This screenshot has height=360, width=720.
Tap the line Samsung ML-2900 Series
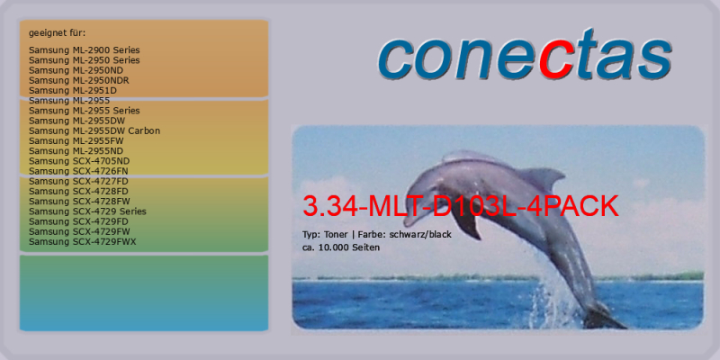coord(84,50)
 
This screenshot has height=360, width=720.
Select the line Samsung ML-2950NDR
coord(79,80)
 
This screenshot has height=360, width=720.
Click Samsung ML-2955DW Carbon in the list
coord(94,130)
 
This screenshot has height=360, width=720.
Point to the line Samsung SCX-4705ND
coord(79,161)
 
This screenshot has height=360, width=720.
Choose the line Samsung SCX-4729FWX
coord(83,241)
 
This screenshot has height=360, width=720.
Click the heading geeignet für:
coord(58,33)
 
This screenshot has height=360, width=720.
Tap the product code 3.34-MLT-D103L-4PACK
coord(461,207)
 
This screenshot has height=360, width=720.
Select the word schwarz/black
coord(420,235)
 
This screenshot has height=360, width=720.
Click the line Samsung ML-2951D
coord(73,91)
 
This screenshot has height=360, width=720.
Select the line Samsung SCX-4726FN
coord(78,171)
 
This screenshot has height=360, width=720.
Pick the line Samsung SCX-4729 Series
coord(87,211)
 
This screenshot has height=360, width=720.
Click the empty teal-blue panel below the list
coord(144,293)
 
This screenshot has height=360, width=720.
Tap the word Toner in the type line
coord(336,235)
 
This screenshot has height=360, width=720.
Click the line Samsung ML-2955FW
coord(76,141)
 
